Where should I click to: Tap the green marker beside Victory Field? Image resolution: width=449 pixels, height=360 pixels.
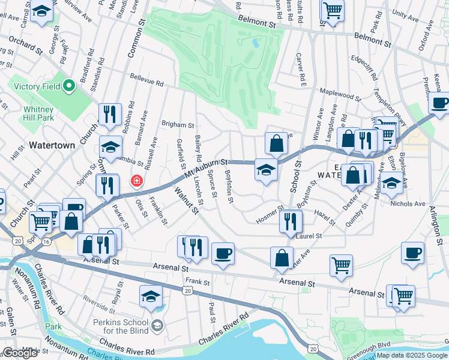pos(68,86)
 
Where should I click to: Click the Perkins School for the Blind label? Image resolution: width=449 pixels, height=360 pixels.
pos(125,331)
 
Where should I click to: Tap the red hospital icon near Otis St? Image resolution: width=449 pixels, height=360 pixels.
pos(137,181)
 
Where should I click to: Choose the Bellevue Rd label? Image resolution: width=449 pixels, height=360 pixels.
pos(148,82)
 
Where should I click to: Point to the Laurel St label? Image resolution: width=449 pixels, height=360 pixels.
pos(309,236)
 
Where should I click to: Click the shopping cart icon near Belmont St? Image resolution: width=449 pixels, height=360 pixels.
pos(332,10)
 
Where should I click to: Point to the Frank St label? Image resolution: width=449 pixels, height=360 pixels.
pos(196,281)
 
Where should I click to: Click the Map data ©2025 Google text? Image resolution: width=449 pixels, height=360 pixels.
pos(412,355)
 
